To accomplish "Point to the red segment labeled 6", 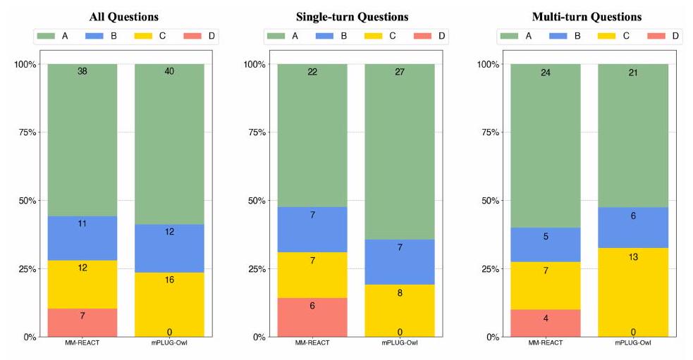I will tap(312, 317).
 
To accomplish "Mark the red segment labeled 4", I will tap(546, 323).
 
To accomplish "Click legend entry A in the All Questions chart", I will tap(56, 35).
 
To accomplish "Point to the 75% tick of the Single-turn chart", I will tap(257, 132).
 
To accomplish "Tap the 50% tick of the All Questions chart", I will tap(27, 201).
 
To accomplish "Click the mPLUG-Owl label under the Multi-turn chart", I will tap(633, 344).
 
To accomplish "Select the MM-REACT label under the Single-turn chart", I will tap(312, 344).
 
